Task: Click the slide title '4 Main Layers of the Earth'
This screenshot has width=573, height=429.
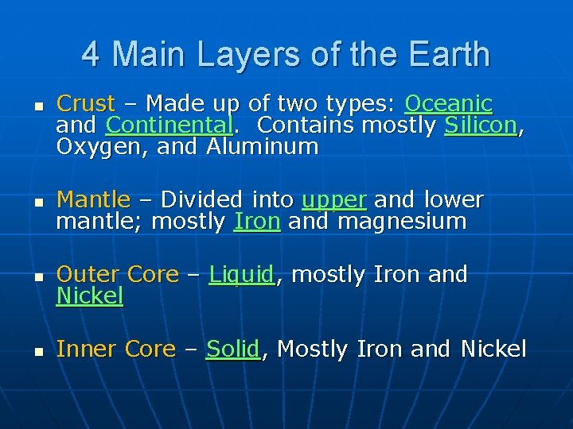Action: pos(286,55)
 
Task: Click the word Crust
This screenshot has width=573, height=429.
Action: pos(86,104)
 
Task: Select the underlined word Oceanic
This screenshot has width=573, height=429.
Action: pos(448,104)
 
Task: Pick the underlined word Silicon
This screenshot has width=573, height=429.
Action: pos(481,126)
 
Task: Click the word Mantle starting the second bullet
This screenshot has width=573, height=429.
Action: pos(93,199)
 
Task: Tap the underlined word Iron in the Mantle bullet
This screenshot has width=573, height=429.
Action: pos(257,222)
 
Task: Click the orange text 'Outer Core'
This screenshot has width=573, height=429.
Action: pos(118,275)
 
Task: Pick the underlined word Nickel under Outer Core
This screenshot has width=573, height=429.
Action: pos(89,297)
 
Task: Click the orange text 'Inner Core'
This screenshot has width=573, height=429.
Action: pos(116,350)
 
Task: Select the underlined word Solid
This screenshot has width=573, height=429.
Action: pos(233,350)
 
